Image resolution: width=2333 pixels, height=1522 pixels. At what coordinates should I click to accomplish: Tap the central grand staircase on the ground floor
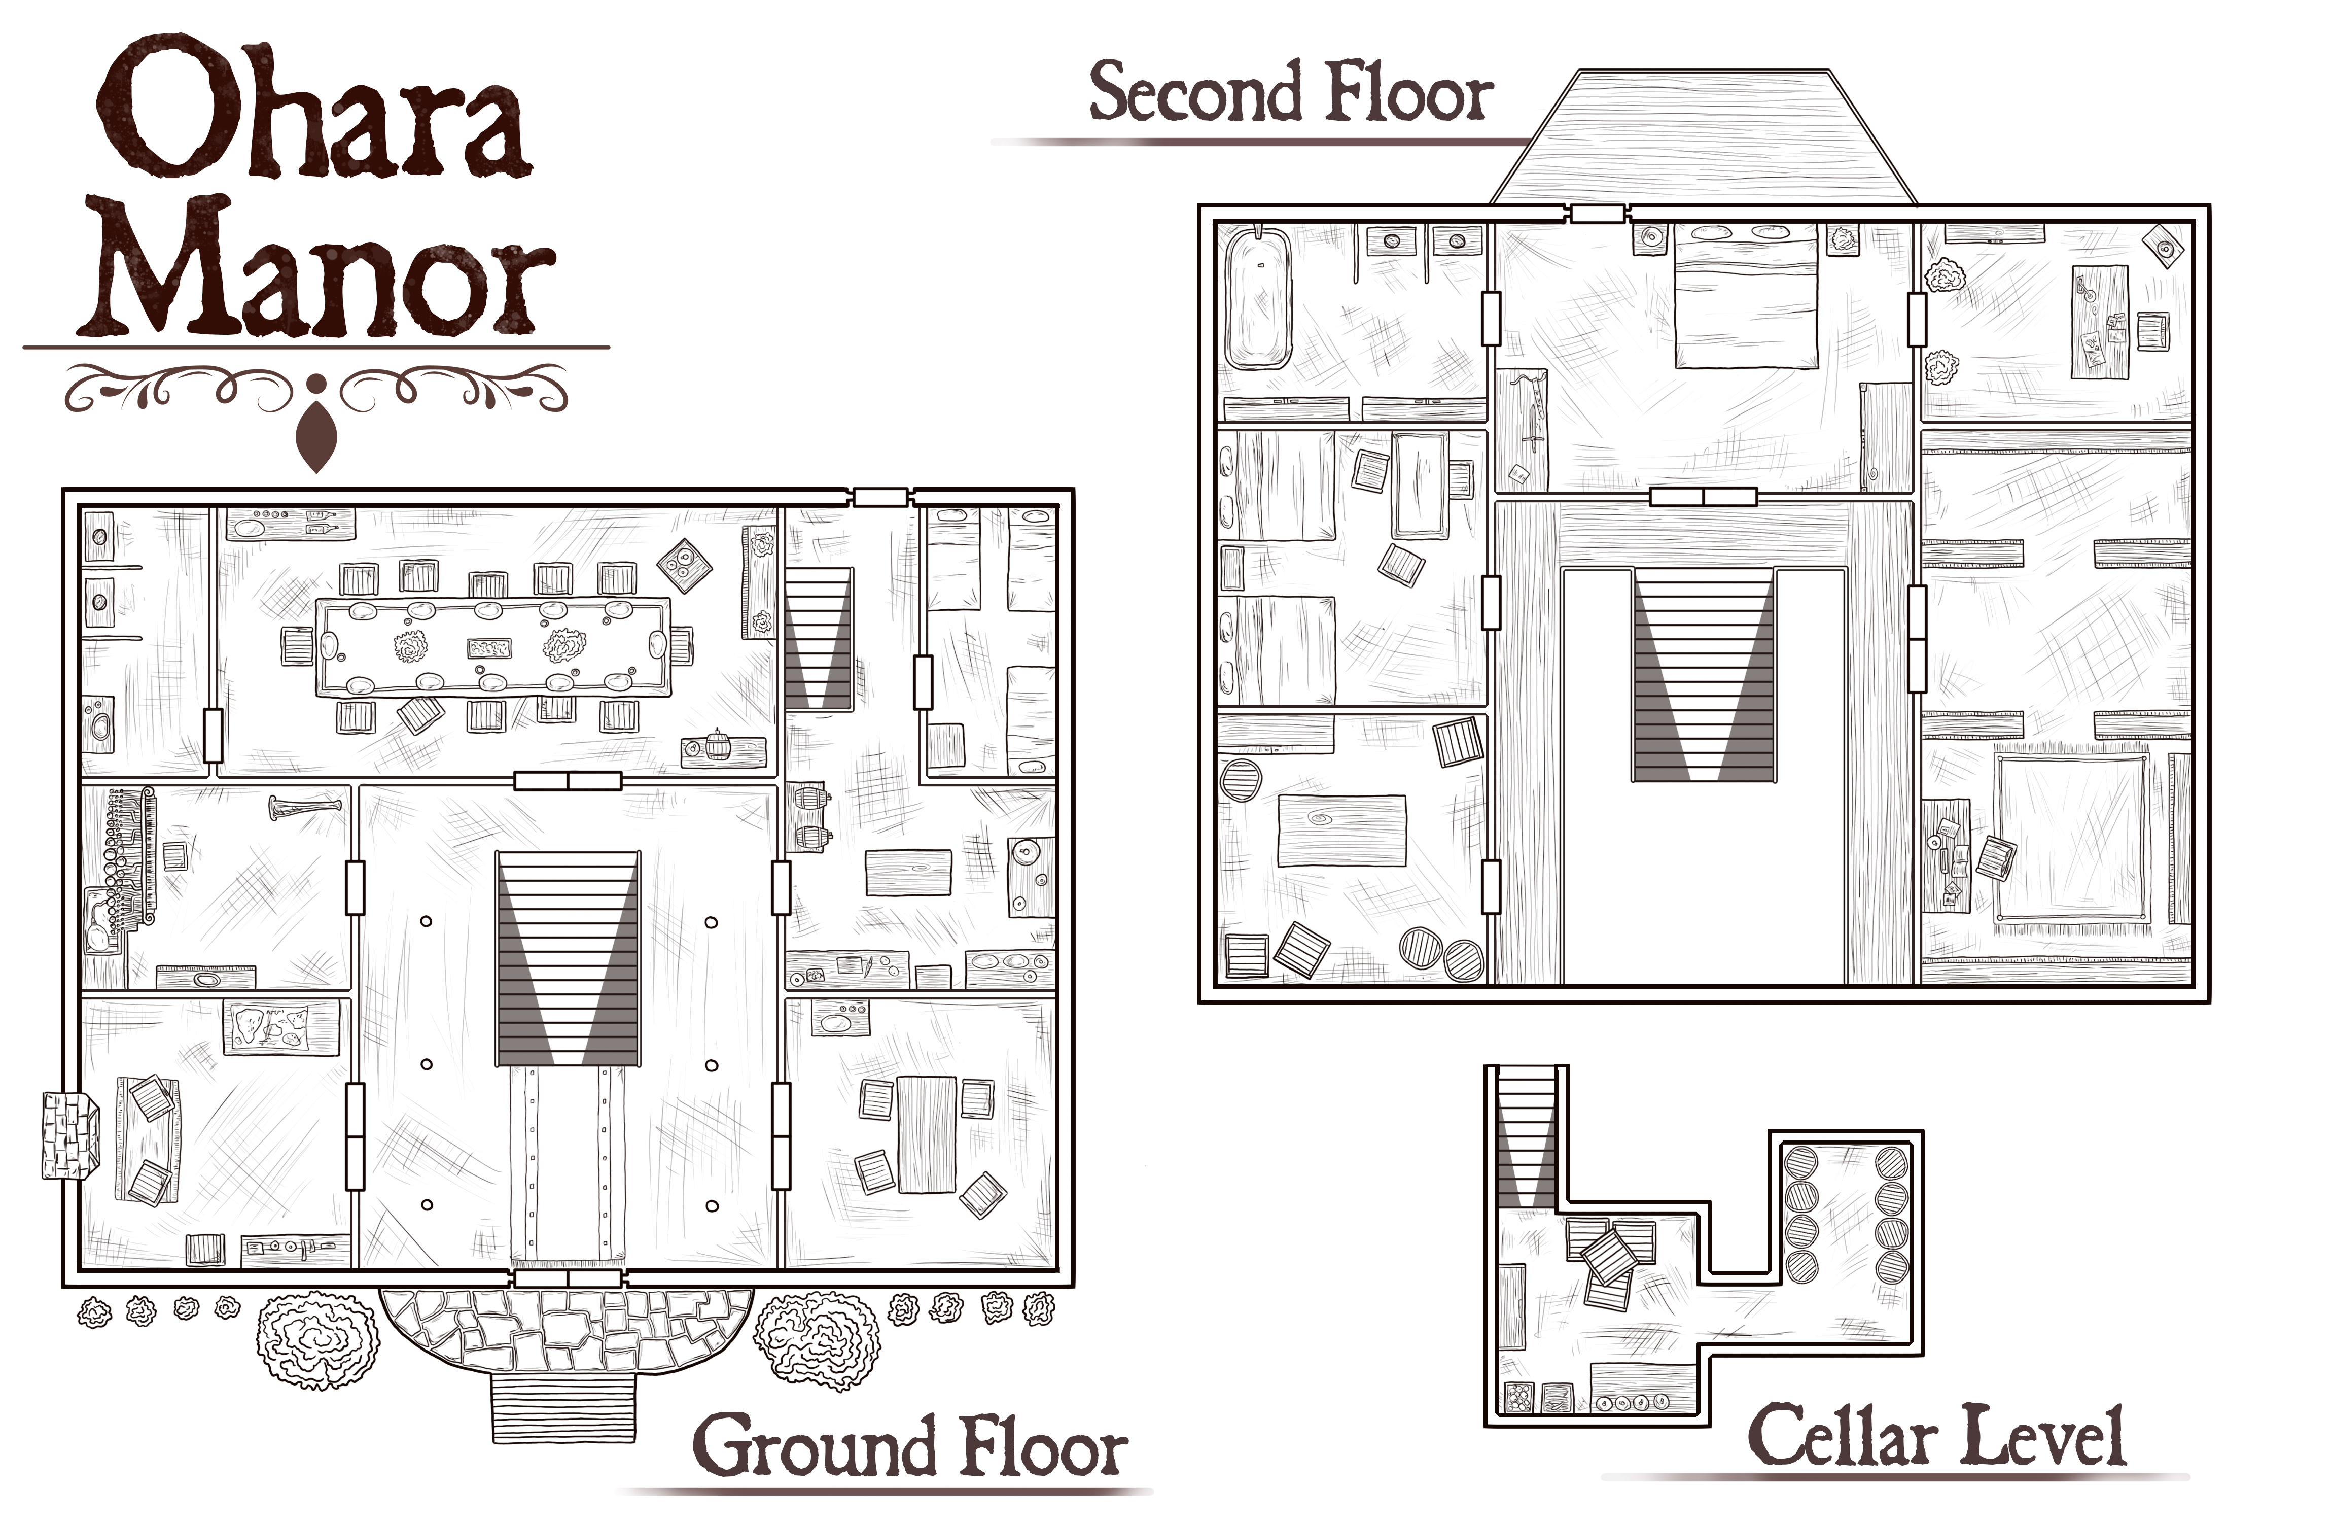[x=569, y=958]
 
